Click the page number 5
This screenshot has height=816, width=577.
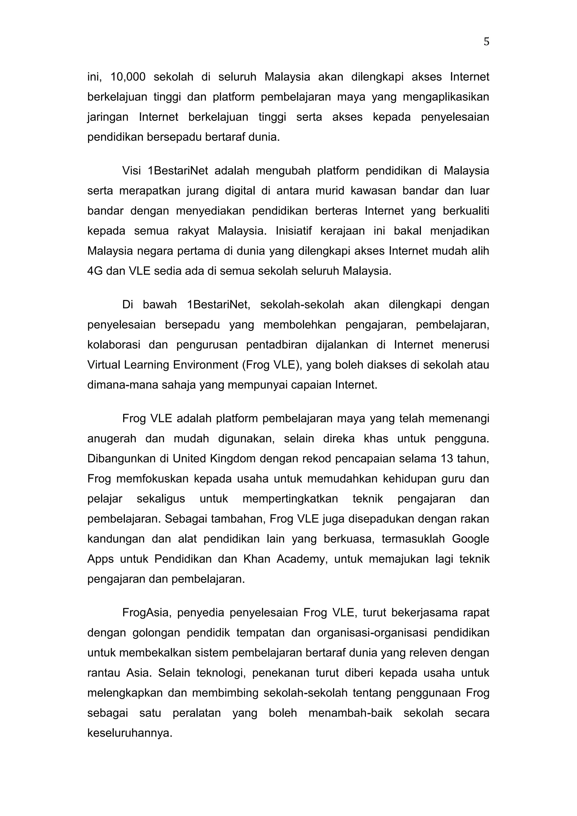pos(486,42)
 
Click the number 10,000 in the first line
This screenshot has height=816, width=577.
pos(128,77)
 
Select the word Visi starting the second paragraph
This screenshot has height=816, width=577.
pos(131,171)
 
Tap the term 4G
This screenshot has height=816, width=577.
pos(95,271)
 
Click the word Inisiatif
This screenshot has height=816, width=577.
pos(293,231)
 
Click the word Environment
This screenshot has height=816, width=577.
pos(205,365)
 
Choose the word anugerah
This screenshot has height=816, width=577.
pos(112,439)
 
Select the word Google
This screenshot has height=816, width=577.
pos(470,539)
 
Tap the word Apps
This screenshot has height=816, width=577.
pos(101,559)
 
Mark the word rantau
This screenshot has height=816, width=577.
pos(104,673)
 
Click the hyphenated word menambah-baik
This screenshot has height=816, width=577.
pos(350,713)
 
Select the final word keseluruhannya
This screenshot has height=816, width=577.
pos(130,733)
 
